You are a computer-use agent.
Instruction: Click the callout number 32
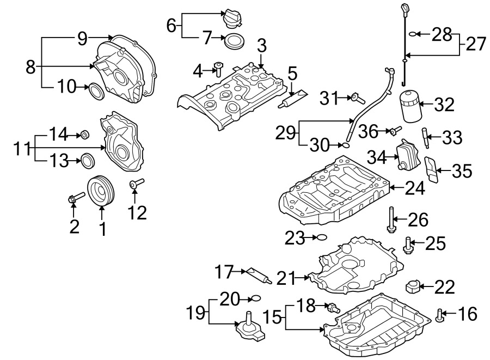tap(444, 105)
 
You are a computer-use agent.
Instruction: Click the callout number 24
tap(415, 189)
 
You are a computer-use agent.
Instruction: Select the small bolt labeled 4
tap(219, 69)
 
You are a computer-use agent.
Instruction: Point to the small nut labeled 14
tap(85, 134)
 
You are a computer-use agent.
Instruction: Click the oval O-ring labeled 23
tap(322, 237)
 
